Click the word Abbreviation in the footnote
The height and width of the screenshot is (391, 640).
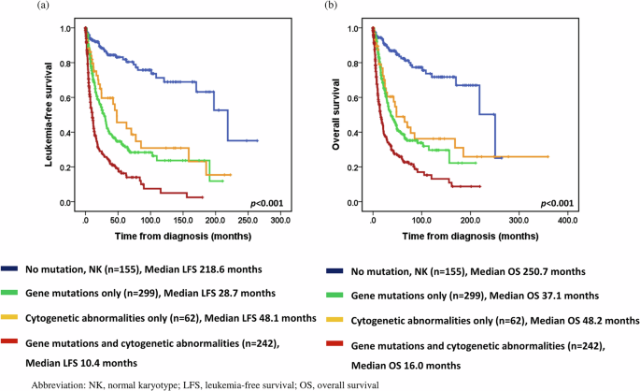tap(59, 384)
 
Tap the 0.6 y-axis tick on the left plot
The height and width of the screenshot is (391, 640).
tap(67, 98)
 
